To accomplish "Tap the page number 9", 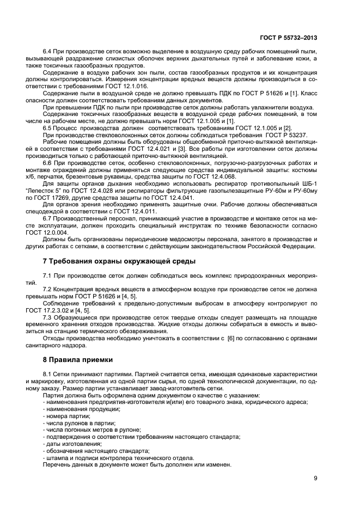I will [316, 478].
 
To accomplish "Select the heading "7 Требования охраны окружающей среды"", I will [119, 261].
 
